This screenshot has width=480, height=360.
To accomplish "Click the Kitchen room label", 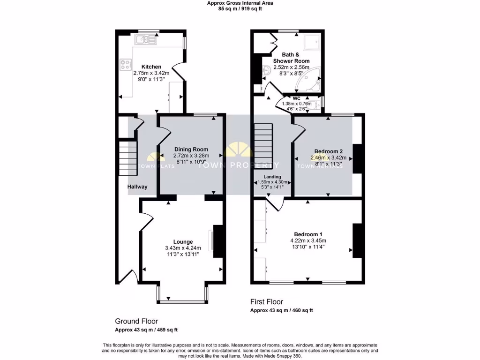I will (151, 67).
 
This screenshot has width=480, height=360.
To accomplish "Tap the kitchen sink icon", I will (148, 41).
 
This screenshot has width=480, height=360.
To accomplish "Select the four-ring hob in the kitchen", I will (126, 64).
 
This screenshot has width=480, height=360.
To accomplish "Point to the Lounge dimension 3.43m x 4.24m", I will (182, 248).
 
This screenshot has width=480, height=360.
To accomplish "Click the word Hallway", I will (137, 187).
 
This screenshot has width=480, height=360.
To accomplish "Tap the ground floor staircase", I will (127, 158).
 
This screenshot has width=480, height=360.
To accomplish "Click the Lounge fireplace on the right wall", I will (218, 241).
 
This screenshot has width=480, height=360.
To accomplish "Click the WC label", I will (296, 98).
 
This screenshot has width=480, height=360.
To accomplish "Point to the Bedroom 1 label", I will (308, 234).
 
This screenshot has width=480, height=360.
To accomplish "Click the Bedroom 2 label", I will (328, 151).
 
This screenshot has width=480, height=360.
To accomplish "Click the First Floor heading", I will (266, 302).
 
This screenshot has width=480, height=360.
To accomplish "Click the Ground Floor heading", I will (136, 321).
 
